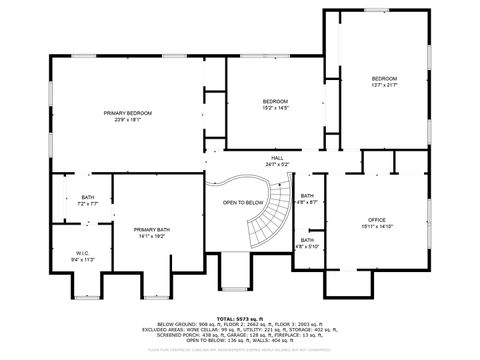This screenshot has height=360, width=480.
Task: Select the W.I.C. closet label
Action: pyautogui.click(x=83, y=253)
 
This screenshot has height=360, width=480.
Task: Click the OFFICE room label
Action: pyautogui.click(x=376, y=219)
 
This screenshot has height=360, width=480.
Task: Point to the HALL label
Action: pyautogui.click(x=277, y=158)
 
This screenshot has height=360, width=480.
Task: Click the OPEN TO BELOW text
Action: pyautogui.click(x=243, y=202)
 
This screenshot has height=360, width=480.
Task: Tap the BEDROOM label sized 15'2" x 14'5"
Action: pyautogui.click(x=276, y=101)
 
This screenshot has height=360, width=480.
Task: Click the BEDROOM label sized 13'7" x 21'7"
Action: pyautogui.click(x=384, y=79)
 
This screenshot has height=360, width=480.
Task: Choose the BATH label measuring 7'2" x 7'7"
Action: pyautogui.click(x=88, y=197)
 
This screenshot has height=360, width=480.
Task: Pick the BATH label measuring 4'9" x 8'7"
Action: pyautogui.click(x=307, y=196)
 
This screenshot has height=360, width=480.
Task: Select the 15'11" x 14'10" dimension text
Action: pyautogui.click(x=376, y=226)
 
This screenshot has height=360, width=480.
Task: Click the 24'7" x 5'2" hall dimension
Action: pyautogui.click(x=277, y=165)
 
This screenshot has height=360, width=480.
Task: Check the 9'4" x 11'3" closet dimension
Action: pyautogui.click(x=83, y=259)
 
